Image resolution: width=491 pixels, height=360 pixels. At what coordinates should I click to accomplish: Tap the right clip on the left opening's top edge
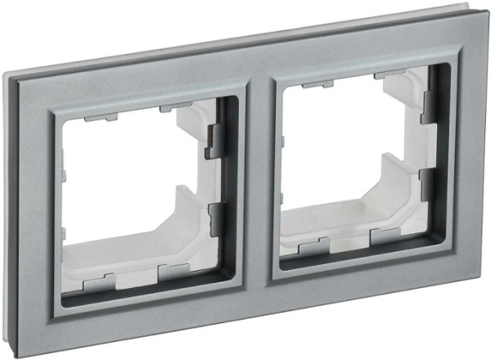pos(174,107)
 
